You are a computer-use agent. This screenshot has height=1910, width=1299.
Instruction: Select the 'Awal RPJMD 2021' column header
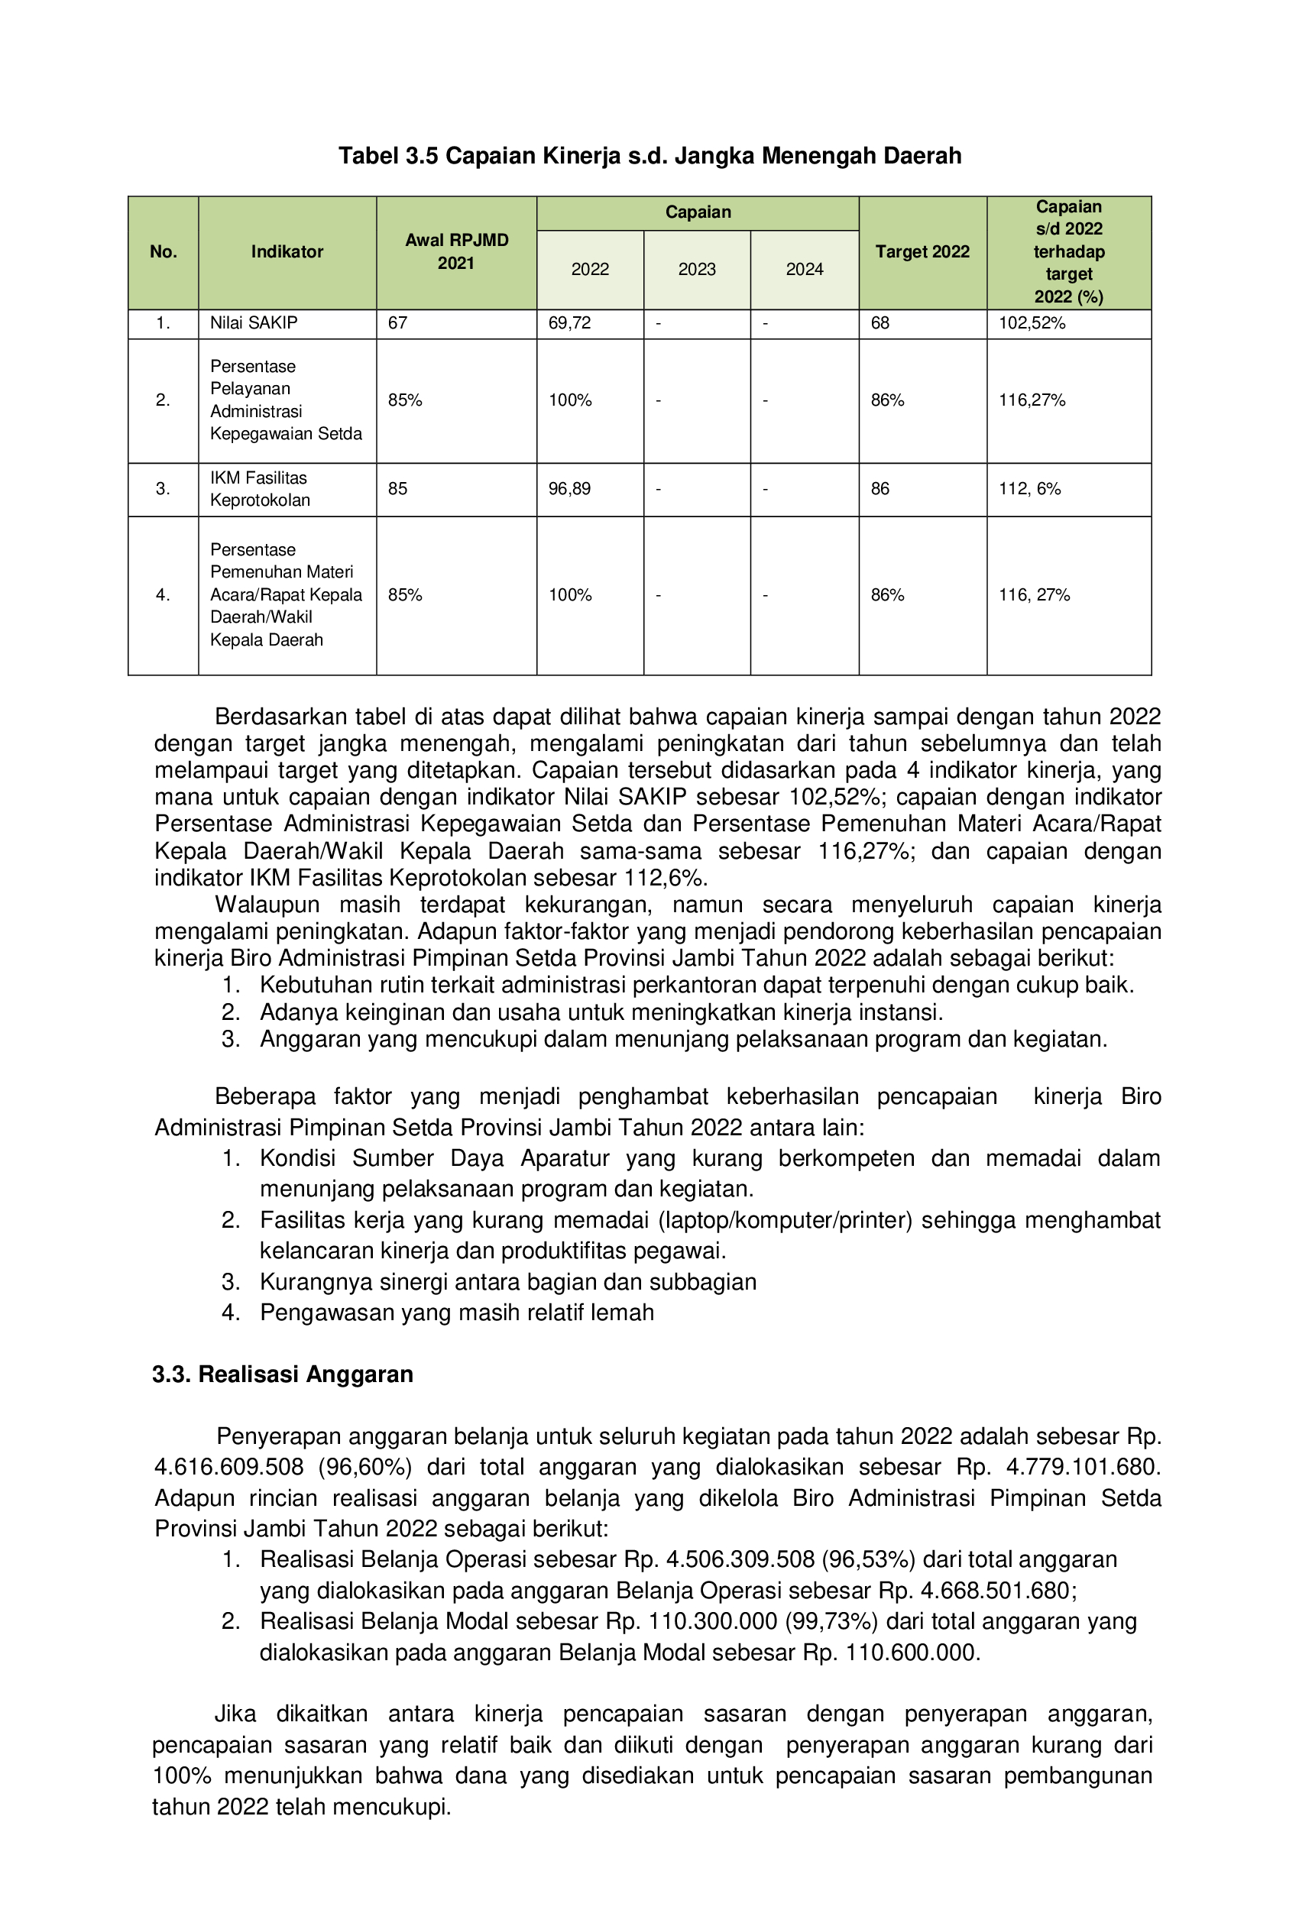456,251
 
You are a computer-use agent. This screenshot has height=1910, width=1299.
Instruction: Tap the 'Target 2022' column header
922,251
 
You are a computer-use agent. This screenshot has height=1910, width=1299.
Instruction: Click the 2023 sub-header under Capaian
696,270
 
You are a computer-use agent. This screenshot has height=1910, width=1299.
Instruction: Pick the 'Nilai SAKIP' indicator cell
253,323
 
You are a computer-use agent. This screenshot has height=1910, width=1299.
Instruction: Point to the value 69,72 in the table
569,323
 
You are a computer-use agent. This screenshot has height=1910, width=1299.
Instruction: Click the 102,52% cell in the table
1032,323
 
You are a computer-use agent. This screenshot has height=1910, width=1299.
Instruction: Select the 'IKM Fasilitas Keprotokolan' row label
259,489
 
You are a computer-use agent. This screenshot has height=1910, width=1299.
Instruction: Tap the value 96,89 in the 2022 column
569,489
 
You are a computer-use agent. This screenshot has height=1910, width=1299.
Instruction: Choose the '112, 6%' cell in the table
1029,489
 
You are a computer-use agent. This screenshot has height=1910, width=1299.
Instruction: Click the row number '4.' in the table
163,595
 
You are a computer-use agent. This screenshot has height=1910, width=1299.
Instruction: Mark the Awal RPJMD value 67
398,323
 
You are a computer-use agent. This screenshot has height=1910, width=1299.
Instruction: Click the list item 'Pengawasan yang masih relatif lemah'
456,1313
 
